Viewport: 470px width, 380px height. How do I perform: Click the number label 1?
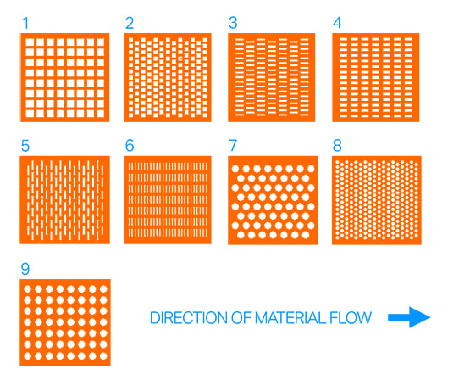tap(25, 23)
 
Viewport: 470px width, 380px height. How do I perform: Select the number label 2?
tap(130, 23)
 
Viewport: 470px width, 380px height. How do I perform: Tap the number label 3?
tap(233, 23)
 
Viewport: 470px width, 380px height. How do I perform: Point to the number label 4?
tap(337, 23)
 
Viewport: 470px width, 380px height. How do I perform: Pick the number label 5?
tap(25, 145)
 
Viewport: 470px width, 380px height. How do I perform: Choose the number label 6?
tap(130, 145)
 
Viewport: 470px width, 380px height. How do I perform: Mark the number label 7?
tap(233, 145)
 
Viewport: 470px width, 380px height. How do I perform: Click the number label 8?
tap(337, 145)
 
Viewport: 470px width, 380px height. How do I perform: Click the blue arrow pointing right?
tap(409, 318)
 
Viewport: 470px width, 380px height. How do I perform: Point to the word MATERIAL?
tap(289, 319)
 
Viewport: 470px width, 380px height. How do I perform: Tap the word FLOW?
tap(351, 319)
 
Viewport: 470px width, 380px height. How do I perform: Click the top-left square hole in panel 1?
tap(28, 42)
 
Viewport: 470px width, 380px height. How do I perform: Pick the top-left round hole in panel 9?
tap(29, 290)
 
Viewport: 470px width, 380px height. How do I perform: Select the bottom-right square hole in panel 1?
tap(100, 111)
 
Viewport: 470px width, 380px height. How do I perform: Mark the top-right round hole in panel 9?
tap(100, 290)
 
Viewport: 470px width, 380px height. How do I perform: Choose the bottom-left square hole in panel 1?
tap(28, 111)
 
